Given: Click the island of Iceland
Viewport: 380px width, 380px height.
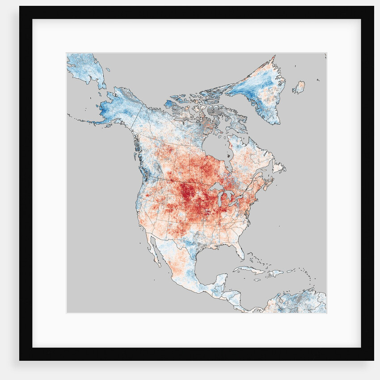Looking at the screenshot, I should pyautogui.click(x=299, y=87).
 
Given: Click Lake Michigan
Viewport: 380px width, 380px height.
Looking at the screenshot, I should pyautogui.click(x=220, y=199).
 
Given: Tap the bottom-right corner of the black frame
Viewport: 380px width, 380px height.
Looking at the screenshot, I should pyautogui.click(x=373, y=359).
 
